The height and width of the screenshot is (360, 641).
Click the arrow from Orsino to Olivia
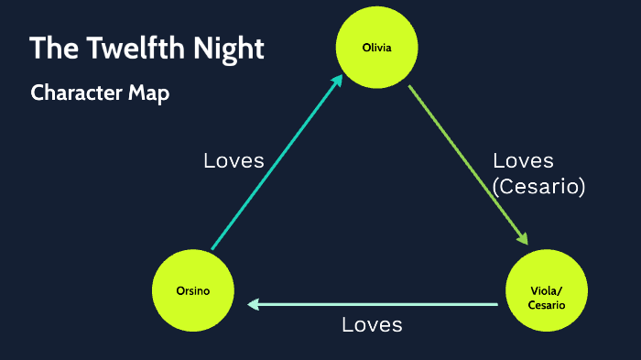tap(275, 165)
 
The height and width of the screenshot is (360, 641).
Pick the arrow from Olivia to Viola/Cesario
tap(467, 165)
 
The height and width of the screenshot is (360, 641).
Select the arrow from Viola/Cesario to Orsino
tap(375, 304)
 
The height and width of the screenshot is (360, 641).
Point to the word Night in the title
tap(228, 49)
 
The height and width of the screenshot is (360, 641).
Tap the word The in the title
tap(50, 49)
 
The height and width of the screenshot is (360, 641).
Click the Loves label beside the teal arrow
tap(234, 161)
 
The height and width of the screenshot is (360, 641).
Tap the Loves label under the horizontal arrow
tap(372, 325)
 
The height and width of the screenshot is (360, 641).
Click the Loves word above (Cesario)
tap(523, 161)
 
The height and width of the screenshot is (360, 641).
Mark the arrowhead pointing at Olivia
tap(337, 82)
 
